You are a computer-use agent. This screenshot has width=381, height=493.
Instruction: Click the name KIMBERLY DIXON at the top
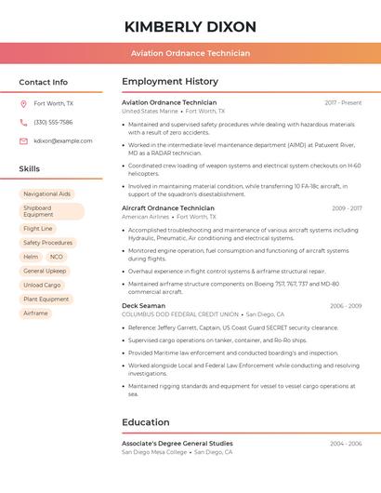190,27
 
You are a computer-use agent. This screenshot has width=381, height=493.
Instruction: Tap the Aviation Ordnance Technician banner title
190,53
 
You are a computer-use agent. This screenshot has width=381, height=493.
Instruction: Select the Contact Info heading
44,83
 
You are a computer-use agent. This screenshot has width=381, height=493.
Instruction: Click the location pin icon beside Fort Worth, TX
24,103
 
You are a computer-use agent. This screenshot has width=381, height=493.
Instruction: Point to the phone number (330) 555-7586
53,122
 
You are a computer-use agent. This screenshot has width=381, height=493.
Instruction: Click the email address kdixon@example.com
63,140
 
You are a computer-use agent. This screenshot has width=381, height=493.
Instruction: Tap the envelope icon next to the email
24,140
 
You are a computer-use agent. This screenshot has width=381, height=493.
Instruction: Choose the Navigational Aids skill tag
46,194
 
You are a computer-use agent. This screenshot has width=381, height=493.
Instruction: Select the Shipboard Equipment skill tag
51,211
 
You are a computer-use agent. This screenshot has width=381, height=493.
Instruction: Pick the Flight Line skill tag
38,229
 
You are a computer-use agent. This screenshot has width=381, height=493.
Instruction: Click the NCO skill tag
57,257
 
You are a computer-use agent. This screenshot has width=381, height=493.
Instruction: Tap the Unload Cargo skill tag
42,285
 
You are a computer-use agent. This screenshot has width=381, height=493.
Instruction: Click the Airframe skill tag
35,313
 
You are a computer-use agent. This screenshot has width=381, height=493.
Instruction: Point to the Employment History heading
170,82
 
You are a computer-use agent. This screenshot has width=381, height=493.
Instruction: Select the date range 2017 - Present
343,102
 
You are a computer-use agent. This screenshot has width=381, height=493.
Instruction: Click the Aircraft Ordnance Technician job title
168,208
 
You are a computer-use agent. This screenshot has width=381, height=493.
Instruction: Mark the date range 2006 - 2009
345,306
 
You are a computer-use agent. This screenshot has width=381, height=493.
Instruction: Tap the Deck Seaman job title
143,306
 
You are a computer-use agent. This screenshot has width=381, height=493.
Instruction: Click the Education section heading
146,422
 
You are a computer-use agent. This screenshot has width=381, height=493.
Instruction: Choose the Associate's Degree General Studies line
177,444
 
